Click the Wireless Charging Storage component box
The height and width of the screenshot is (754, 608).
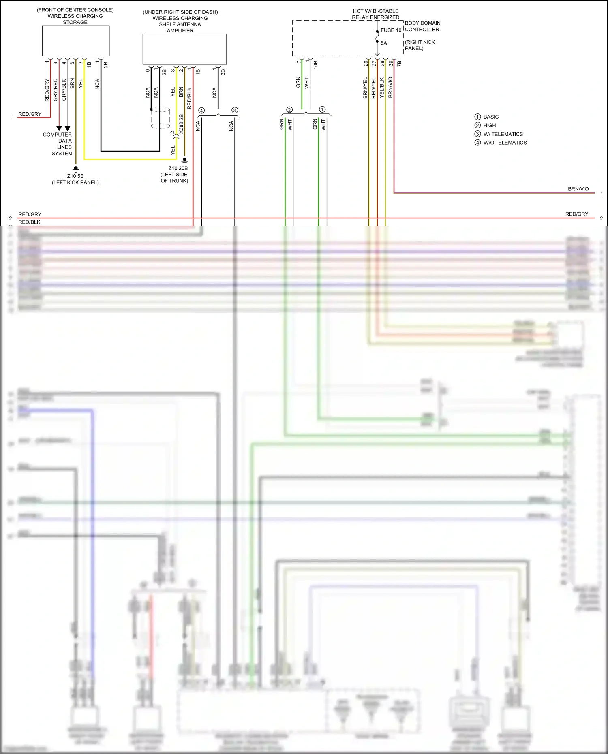pos(76,41)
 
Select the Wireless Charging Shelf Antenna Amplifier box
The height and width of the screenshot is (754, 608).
pos(184,49)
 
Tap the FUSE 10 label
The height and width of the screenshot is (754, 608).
pos(391,30)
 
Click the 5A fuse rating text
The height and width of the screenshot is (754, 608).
pos(384,43)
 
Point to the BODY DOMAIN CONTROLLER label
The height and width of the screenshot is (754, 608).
pos(422,26)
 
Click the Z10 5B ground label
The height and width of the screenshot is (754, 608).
pos(75,176)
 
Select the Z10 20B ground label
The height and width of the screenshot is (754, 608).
pos(178,168)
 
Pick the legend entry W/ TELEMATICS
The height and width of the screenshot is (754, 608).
pos(503,134)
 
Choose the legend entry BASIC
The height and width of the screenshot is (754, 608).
pos(491,117)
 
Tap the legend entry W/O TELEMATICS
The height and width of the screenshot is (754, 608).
pos(505,143)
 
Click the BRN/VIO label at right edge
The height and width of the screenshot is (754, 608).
pos(578,189)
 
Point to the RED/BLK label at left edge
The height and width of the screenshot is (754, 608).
pos(29,222)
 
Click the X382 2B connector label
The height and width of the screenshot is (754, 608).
pos(181,124)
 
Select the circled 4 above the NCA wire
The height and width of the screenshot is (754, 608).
pos(201,110)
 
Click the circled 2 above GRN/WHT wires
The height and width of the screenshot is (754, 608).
pos(289,110)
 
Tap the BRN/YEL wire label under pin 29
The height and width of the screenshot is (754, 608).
pos(365,88)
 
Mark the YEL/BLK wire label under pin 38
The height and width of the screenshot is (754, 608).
pos(382,88)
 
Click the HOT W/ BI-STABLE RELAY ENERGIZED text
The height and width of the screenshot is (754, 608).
pos(375,14)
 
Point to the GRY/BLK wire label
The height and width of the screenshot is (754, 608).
pos(64,90)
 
